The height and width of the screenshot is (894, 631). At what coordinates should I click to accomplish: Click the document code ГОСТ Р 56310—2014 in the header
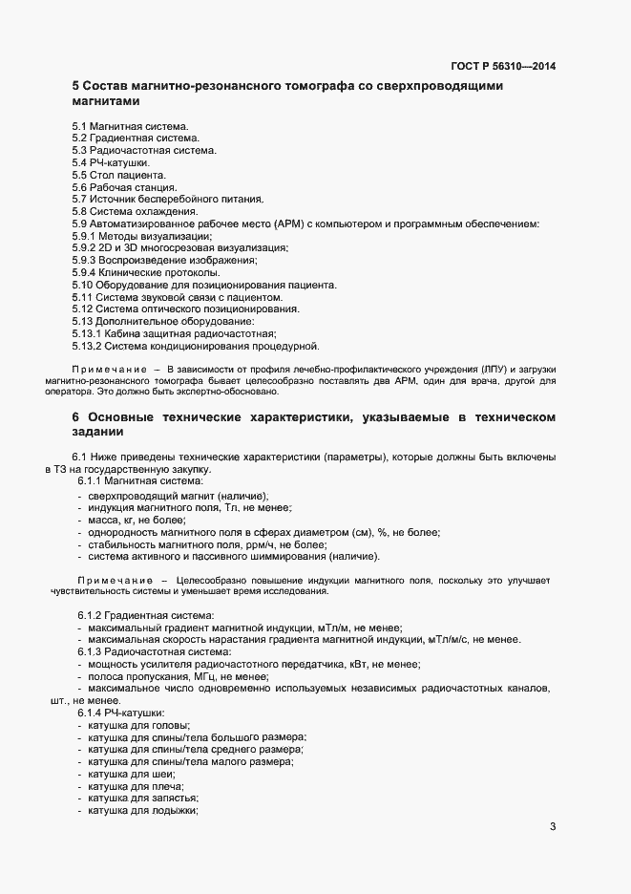coord(502,66)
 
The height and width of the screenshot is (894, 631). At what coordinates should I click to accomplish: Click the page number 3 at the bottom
coord(553,827)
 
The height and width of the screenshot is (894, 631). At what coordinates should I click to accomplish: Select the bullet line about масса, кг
coord(136,520)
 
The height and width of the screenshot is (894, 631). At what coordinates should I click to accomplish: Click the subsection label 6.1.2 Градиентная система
coord(145,615)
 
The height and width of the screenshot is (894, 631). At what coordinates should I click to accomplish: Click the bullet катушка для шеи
coord(132,775)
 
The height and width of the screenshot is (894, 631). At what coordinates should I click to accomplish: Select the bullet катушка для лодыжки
coord(142,811)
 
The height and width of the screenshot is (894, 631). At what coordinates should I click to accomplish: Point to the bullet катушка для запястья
coord(143,798)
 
